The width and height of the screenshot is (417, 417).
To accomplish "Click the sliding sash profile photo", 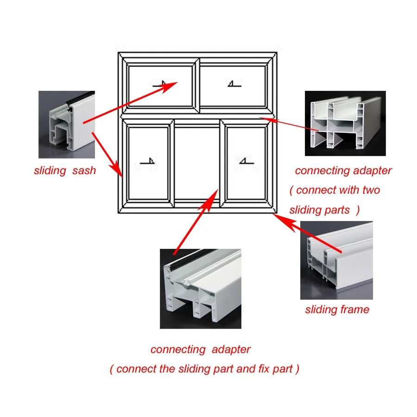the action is point(66,124).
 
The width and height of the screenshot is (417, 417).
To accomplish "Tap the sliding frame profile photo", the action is point(336,260).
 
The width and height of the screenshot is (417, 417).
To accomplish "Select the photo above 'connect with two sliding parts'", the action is point(345,123).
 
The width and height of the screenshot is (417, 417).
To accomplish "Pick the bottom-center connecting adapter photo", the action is point(200,288).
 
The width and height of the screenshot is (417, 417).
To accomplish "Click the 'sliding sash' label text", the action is point(65,171).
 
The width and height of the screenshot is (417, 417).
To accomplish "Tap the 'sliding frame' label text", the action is point(337,310).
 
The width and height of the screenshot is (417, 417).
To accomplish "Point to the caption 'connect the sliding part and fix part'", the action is point(204,369).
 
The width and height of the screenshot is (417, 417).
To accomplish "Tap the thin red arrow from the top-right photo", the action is point(287,124).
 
